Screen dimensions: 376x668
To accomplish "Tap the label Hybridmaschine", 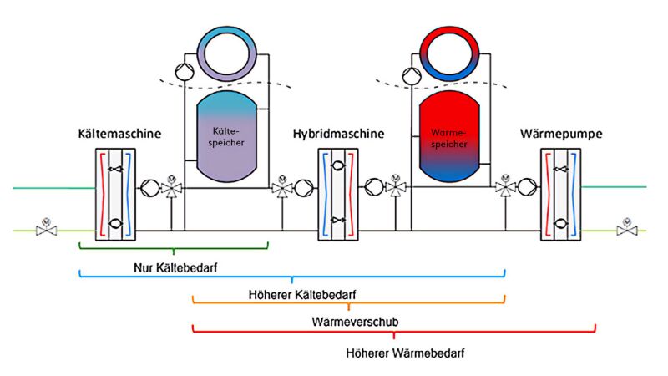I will pos(338,134).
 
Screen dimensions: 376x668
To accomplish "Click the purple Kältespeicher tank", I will pos(224,134).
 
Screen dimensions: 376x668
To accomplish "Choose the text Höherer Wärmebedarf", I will pos(393,353).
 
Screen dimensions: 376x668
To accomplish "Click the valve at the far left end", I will pos(44,227).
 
